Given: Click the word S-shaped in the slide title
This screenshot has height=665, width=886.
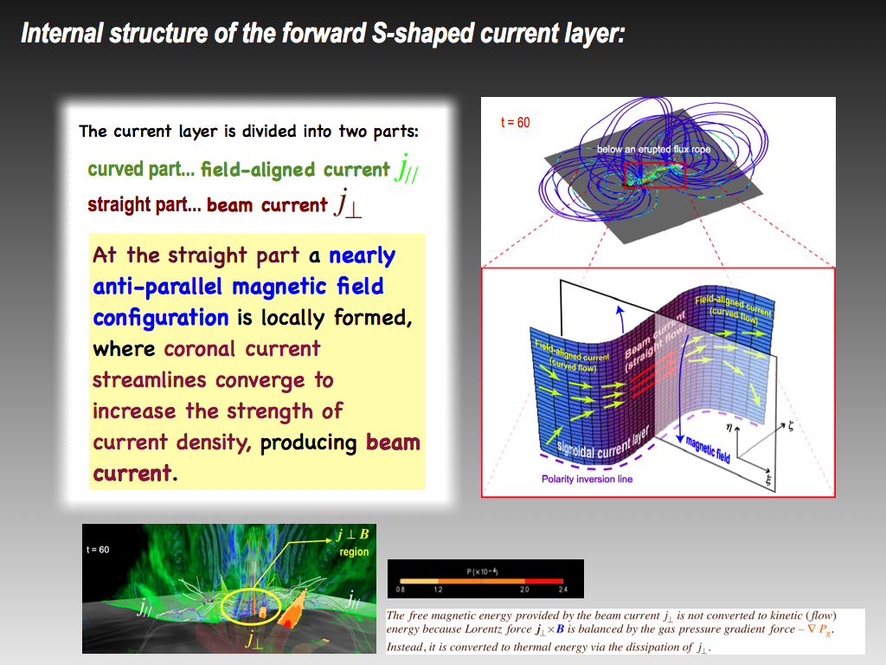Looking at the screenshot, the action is (x=423, y=34).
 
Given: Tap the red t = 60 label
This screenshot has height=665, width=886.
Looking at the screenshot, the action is (x=516, y=123).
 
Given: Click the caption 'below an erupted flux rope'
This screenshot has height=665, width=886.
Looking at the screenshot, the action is (x=653, y=149).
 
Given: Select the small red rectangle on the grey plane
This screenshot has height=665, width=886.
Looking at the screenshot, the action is (x=655, y=175).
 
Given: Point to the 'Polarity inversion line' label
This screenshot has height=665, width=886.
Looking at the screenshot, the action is (x=587, y=479).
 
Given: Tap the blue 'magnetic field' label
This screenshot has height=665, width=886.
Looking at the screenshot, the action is (x=708, y=449).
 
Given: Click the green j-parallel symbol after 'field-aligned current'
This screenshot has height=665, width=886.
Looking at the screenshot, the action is (x=407, y=168).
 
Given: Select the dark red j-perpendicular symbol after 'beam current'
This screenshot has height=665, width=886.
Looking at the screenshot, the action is (x=348, y=203).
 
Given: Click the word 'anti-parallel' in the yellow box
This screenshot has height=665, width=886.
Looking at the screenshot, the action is (x=157, y=287).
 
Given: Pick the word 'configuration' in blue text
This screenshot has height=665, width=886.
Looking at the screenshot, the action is (x=161, y=318).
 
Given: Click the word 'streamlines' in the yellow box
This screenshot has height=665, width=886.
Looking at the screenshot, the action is (x=150, y=380).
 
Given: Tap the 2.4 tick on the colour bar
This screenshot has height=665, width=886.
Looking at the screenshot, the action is (x=562, y=589).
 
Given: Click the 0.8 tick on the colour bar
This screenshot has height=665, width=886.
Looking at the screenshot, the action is (x=400, y=589).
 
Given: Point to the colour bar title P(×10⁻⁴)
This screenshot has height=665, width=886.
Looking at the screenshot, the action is (x=482, y=571).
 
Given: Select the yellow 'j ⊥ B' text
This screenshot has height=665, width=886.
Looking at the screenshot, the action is (x=353, y=534).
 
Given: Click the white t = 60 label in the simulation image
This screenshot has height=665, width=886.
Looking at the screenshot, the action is (x=98, y=550).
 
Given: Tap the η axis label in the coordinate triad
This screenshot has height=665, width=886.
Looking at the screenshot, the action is (x=729, y=428).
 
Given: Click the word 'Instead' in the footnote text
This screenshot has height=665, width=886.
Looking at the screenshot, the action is (x=404, y=647).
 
